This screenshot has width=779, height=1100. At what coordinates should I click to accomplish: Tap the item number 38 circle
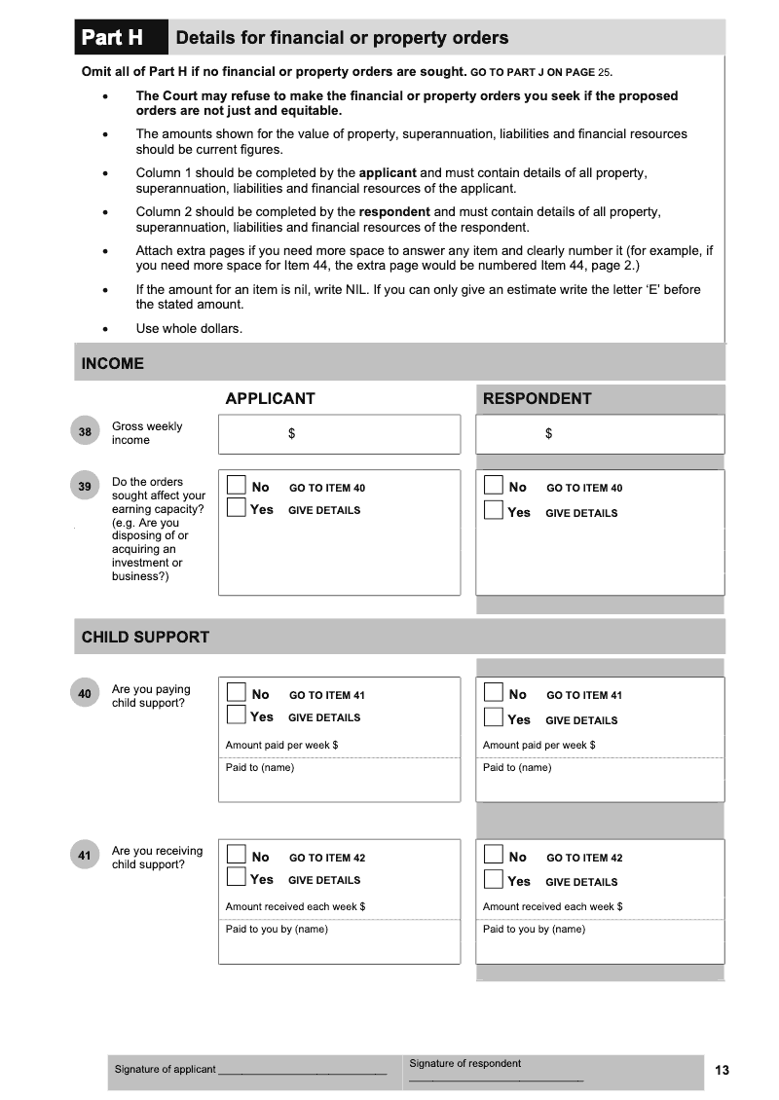tap(85, 431)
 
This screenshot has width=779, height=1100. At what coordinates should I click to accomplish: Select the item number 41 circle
tap(85, 856)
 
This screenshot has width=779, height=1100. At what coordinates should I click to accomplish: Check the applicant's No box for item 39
tap(237, 485)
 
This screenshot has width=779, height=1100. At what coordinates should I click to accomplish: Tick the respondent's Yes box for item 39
tap(494, 510)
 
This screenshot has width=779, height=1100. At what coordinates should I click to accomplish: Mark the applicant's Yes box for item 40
tap(237, 715)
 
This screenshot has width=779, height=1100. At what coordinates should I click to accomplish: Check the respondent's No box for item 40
tap(494, 692)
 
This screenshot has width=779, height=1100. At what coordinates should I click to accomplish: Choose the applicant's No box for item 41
tap(237, 855)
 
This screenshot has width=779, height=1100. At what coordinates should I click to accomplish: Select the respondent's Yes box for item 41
tap(494, 880)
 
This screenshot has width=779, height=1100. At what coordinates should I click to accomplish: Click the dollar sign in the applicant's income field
tap(291, 434)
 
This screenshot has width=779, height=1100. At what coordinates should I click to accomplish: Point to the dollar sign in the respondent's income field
tap(549, 434)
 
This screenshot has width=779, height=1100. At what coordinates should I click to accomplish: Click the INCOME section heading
tap(113, 363)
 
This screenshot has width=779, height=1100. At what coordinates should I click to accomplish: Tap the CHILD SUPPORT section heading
tap(145, 637)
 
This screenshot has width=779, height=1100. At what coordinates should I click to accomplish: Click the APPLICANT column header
tap(270, 398)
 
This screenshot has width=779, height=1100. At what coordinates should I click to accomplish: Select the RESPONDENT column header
tap(537, 398)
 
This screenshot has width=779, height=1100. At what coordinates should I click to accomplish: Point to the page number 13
tap(722, 1070)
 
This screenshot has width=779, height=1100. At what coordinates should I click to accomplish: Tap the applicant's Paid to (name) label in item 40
tap(260, 767)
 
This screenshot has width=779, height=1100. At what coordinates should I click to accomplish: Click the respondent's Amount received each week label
tap(552, 906)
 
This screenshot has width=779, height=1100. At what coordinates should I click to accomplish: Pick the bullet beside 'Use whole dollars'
tap(105, 329)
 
